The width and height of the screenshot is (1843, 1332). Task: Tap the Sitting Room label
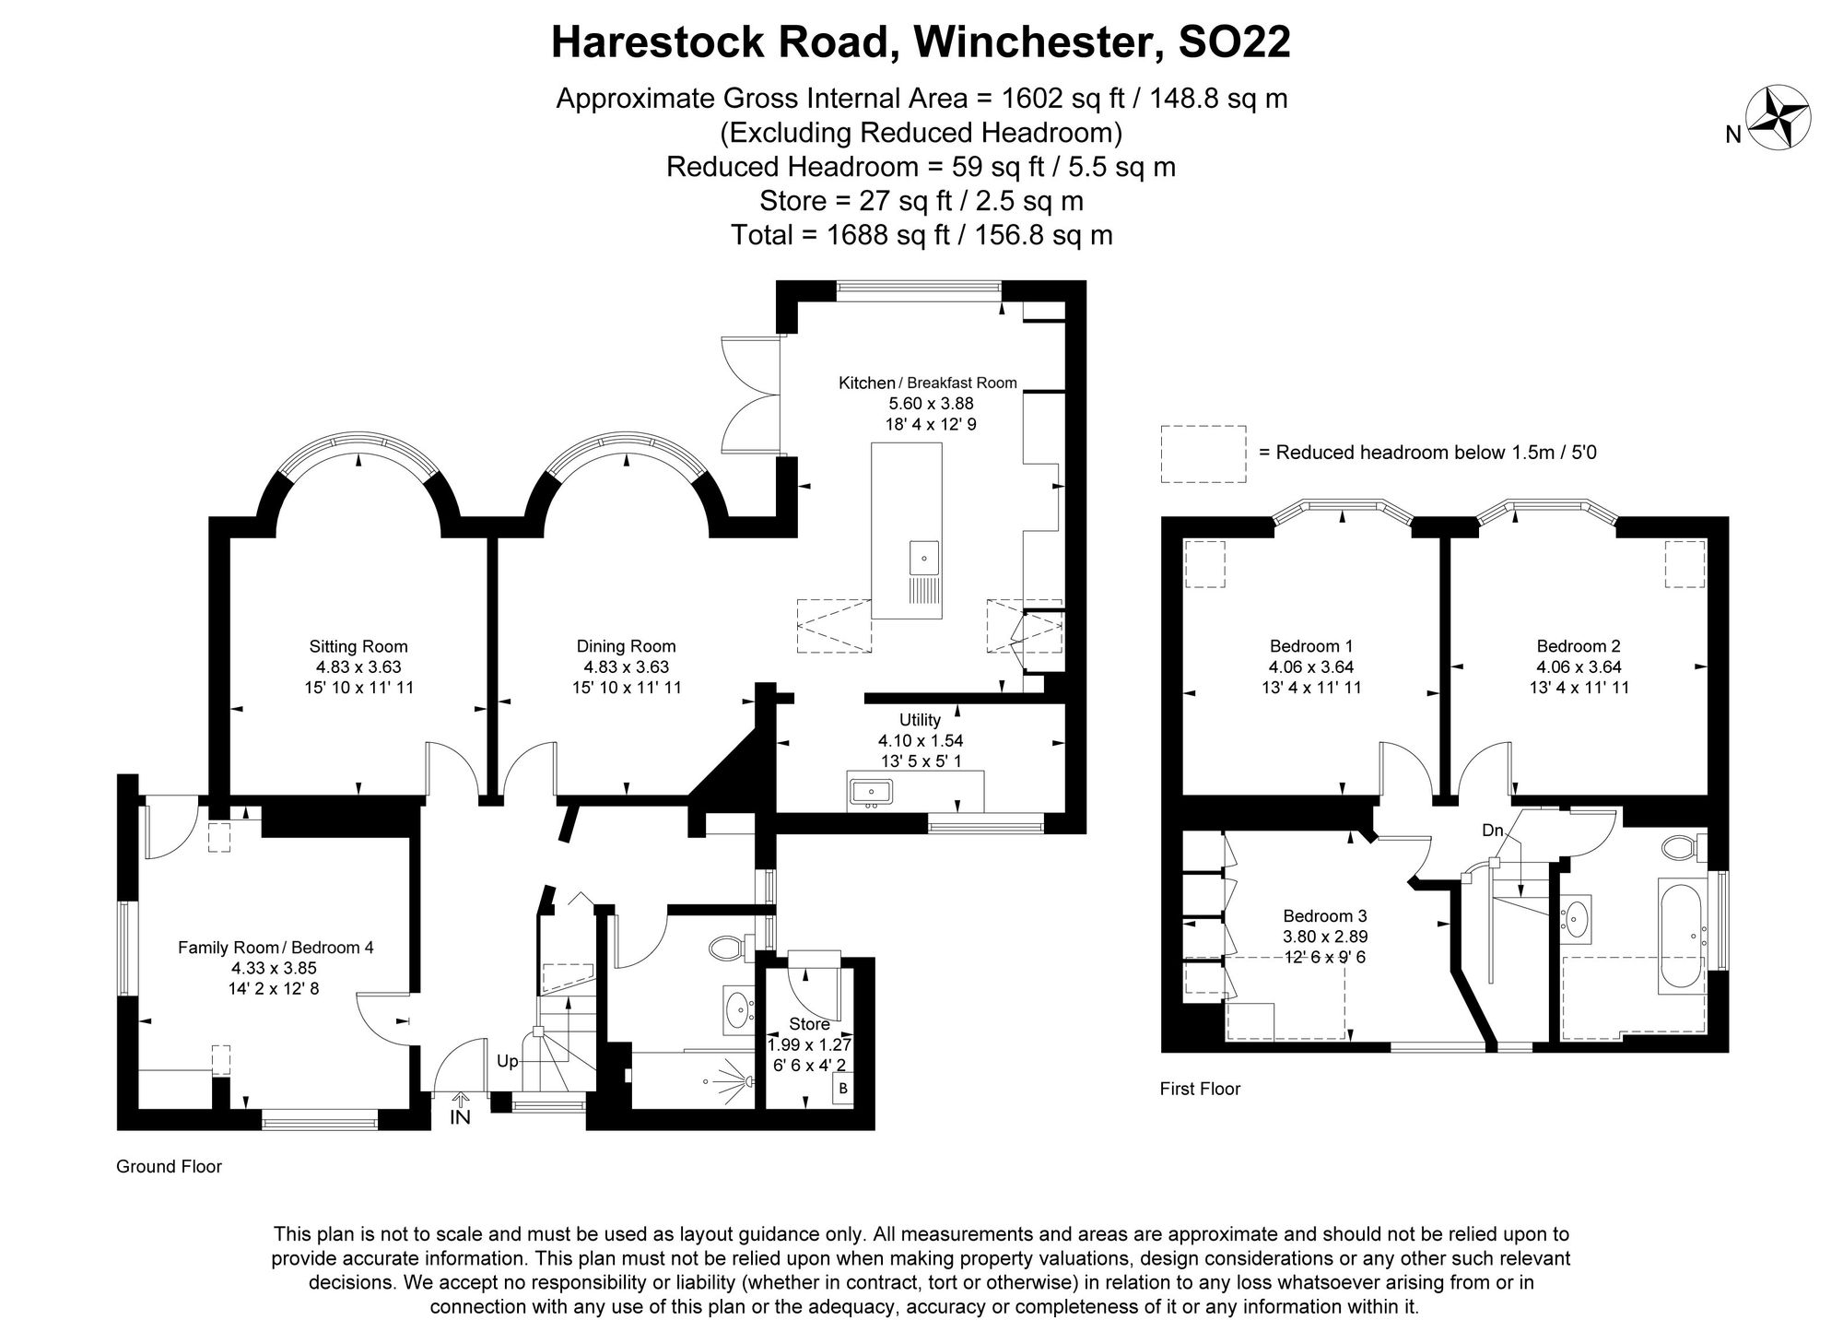click(358, 646)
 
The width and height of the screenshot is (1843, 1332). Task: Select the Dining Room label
click(626, 646)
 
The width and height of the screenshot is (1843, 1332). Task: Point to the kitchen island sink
click(924, 558)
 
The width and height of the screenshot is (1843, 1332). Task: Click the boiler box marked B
click(842, 1090)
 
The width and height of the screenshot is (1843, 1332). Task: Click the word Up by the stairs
click(507, 1061)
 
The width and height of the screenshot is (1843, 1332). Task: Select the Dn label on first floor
click(1493, 831)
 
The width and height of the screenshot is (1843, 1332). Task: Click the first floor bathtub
click(1683, 936)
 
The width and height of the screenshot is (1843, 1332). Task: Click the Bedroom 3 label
click(1324, 915)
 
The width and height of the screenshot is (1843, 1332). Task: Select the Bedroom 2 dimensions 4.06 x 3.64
click(1579, 666)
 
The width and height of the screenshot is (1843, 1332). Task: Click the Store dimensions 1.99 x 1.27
click(809, 1045)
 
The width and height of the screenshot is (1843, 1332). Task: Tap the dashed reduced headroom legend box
click(1203, 454)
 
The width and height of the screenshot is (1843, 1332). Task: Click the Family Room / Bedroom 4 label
click(276, 947)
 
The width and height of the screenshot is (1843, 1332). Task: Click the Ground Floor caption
click(169, 1166)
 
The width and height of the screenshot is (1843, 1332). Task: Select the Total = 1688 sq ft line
click(921, 235)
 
